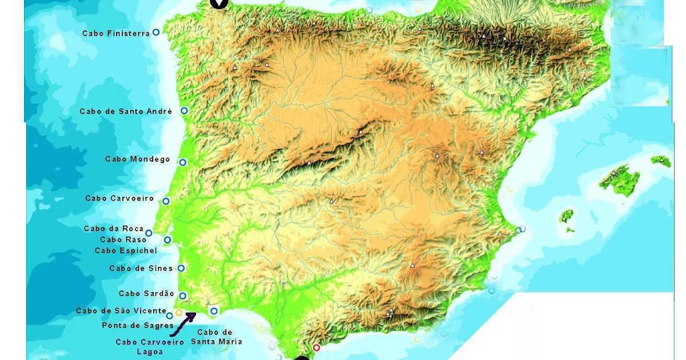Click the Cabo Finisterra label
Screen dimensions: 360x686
coord(115,34)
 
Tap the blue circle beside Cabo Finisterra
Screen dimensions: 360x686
coord(155,33)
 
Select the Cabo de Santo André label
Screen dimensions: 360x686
coord(126,111)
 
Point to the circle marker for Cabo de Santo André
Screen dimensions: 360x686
coord(184,111)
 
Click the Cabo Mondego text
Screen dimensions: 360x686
coord(138,159)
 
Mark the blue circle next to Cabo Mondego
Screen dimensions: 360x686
coord(182,162)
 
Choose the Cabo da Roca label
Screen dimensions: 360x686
coord(114,229)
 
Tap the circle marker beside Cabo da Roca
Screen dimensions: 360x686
coord(149,233)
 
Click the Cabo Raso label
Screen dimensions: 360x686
coord(123,240)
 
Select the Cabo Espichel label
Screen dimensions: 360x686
coord(125,250)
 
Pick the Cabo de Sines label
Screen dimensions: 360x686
coord(141,269)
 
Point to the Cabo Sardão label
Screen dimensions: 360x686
coord(146,294)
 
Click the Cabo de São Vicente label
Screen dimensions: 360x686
coord(121,311)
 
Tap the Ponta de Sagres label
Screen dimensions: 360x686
coord(137,326)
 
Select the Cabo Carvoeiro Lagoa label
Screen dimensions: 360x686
coord(150,347)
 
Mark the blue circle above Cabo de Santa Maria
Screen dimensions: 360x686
coord(214,311)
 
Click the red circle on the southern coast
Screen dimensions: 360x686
coord(317,347)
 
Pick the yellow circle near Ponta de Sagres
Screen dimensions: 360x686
coord(179,313)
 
